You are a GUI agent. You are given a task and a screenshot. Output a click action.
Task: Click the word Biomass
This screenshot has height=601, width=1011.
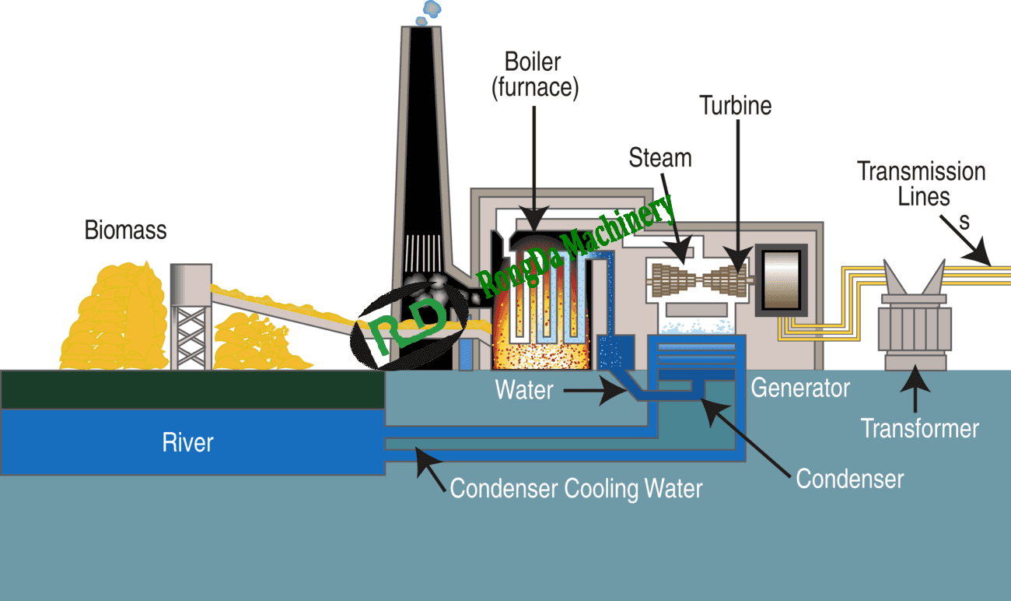125,230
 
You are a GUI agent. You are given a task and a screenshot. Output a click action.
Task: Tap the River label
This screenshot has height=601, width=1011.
187,442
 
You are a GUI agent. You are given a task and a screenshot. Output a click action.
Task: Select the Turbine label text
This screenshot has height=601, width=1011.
736,106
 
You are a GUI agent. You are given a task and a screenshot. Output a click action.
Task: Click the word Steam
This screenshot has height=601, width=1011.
660,158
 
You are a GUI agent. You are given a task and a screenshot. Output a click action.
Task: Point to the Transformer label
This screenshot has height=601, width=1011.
920,428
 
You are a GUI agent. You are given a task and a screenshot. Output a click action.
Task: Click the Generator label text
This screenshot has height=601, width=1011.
800,388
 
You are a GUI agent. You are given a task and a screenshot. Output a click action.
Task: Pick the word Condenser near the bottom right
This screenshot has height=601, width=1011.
850,479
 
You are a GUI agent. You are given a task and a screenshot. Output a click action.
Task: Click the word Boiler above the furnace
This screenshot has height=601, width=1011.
533,62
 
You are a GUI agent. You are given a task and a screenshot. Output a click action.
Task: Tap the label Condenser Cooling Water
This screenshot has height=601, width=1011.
576,488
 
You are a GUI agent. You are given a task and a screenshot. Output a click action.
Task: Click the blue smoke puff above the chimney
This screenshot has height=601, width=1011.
429,12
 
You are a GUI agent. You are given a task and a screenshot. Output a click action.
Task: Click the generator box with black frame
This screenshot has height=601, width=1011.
782,280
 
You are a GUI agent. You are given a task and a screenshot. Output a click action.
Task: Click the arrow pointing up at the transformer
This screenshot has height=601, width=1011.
915,388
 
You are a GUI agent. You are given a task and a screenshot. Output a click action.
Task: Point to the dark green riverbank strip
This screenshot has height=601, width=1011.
193,389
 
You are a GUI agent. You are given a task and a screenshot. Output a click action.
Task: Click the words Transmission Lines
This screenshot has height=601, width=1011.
922,184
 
